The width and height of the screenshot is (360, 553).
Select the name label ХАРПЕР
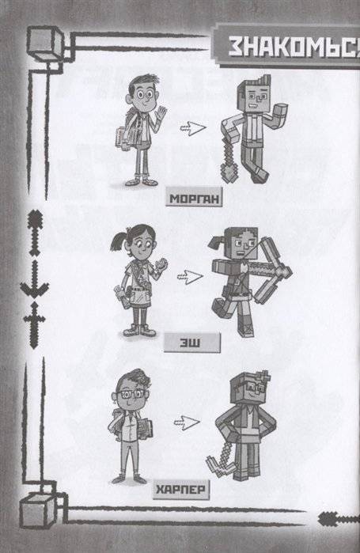tap(181, 490)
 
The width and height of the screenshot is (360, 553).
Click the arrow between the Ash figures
tap(189, 276)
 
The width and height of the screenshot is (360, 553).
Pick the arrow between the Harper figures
tap(187, 422)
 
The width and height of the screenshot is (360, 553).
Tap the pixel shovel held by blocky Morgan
tap(228, 159)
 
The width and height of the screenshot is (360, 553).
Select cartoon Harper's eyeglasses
tap(129, 394)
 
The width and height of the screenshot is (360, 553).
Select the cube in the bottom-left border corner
tap(38, 510)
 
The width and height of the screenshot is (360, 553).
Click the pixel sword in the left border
tap(34, 325)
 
